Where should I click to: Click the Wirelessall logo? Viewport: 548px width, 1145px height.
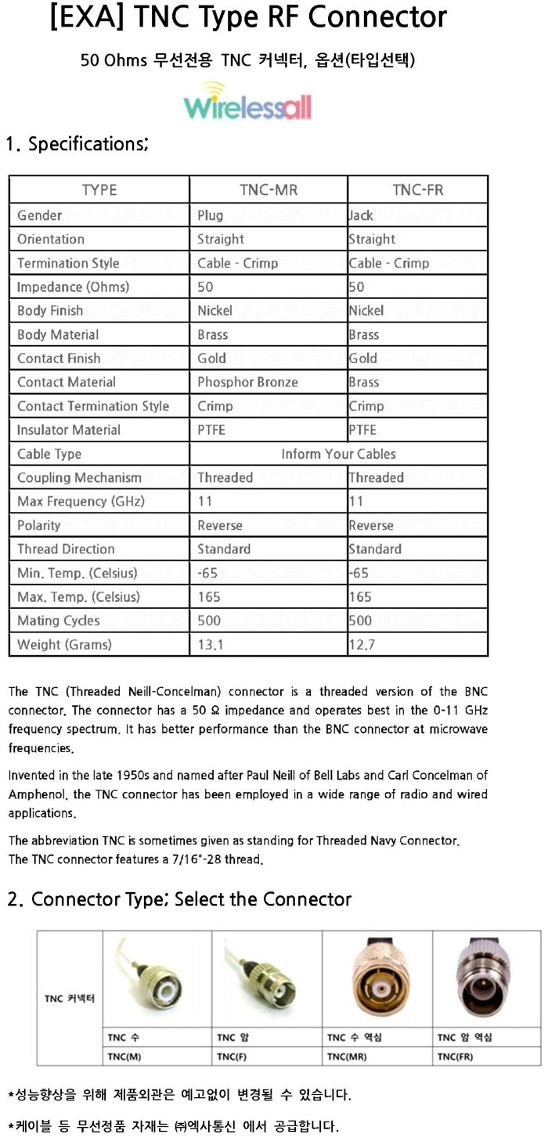pyautogui.click(x=247, y=103)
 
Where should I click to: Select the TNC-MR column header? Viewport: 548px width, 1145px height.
pyautogui.click(x=268, y=190)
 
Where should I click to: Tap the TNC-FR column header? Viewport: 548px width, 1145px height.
pyautogui.click(x=417, y=190)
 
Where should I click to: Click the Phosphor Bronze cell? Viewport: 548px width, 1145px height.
pyautogui.click(x=247, y=382)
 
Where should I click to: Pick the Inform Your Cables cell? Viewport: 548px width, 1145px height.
pyautogui.click(x=338, y=454)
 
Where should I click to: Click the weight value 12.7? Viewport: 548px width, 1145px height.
pyautogui.click(x=361, y=645)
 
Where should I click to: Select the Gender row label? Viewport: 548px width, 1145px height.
pyautogui.click(x=39, y=215)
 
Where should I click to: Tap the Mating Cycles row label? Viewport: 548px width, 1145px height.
pyautogui.click(x=59, y=621)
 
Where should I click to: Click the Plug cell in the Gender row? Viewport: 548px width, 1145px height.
pyautogui.click(x=210, y=215)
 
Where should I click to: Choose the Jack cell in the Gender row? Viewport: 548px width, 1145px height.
pyautogui.click(x=361, y=215)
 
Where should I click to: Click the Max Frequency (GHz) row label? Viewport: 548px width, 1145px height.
pyautogui.click(x=81, y=502)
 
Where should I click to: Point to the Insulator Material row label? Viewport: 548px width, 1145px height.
pyautogui.click(x=69, y=430)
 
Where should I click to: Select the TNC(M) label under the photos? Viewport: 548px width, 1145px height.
pyautogui.click(x=124, y=1057)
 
